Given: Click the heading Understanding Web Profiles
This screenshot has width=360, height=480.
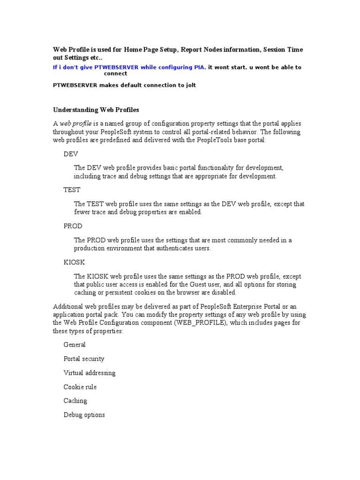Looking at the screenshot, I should (96, 110).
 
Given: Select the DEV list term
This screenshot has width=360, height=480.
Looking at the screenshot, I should (71, 154).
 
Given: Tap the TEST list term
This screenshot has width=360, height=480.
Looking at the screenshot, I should (72, 190).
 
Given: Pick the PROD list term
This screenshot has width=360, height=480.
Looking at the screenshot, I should (73, 226).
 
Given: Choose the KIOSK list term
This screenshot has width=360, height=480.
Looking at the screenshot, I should (74, 262).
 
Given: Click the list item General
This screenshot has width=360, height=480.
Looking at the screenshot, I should (75, 345).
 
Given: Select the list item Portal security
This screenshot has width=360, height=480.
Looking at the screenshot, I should (84, 359).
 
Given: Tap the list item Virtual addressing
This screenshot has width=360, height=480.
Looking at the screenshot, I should (90, 373).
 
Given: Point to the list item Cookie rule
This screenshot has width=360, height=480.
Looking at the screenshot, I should (80, 387).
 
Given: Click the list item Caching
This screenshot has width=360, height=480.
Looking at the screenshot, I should (75, 401).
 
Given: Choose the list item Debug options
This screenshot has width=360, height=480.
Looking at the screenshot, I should (84, 415).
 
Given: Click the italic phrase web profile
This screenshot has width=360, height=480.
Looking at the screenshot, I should (75, 124).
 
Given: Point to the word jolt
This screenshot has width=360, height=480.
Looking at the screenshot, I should (190, 85).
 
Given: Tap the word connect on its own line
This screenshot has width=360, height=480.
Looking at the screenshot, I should (115, 74).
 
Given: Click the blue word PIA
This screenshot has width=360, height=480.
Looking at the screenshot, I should (199, 67).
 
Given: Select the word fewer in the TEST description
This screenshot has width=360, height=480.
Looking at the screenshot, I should (82, 212).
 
